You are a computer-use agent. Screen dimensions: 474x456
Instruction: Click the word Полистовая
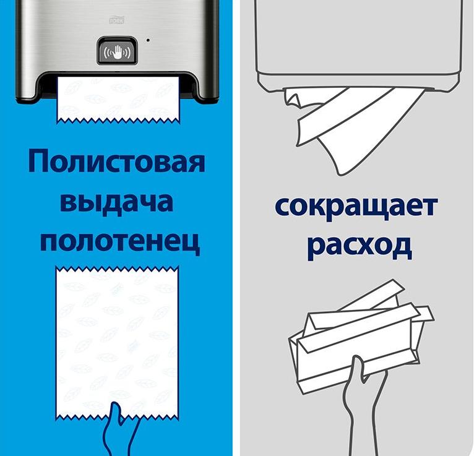[117, 161]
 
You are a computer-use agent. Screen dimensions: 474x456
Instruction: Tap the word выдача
[116, 202]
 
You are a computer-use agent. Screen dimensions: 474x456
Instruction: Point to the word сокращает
[356, 207]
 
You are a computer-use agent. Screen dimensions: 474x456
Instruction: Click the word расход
[359, 246]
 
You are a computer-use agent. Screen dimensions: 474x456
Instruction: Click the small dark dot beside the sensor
[148, 40]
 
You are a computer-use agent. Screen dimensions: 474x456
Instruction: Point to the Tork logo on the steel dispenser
[117, 20]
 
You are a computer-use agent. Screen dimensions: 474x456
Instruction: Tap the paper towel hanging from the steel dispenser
[118, 100]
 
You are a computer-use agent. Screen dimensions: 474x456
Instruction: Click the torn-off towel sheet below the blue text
[117, 343]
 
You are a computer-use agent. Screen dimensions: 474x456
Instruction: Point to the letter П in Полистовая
[38, 161]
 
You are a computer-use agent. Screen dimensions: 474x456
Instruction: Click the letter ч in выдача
[144, 202]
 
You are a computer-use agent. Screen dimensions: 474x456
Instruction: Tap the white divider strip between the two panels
[236, 228]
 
